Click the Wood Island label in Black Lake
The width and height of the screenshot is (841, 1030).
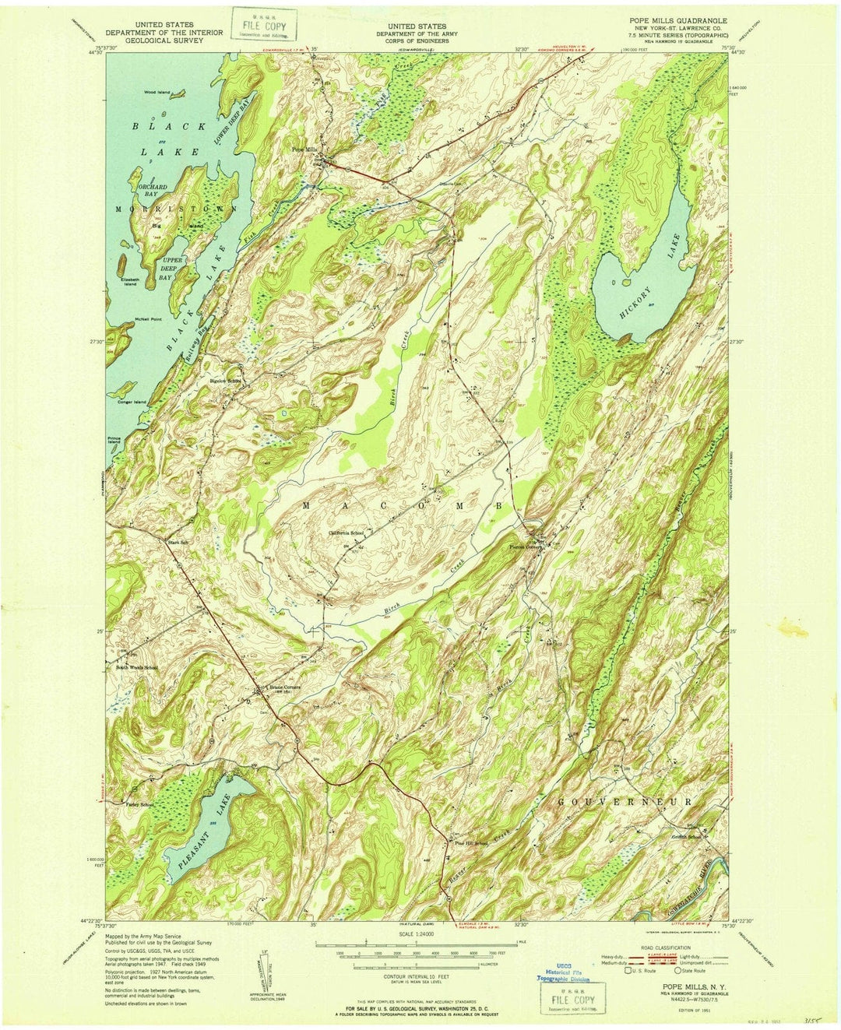pos(157,93)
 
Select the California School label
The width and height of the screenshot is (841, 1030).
pos(347,533)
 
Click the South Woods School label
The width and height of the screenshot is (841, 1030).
pos(137,667)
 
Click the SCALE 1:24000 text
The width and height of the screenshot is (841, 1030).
pos(420,935)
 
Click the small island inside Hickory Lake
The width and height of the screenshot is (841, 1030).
pos(614,280)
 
